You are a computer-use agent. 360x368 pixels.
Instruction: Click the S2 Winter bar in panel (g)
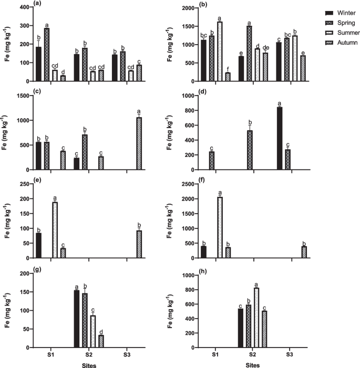click(77, 319)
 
